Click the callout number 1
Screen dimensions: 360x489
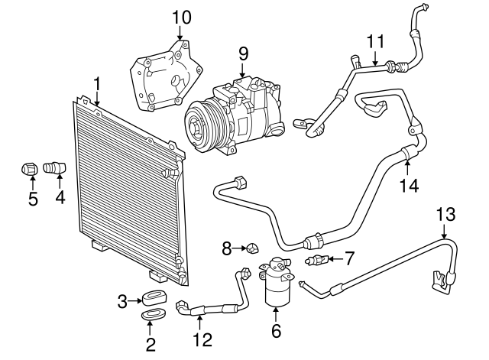click(x=97, y=82)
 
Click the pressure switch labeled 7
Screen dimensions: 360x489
click(x=317, y=261)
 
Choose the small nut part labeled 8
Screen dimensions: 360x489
click(x=250, y=247)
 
